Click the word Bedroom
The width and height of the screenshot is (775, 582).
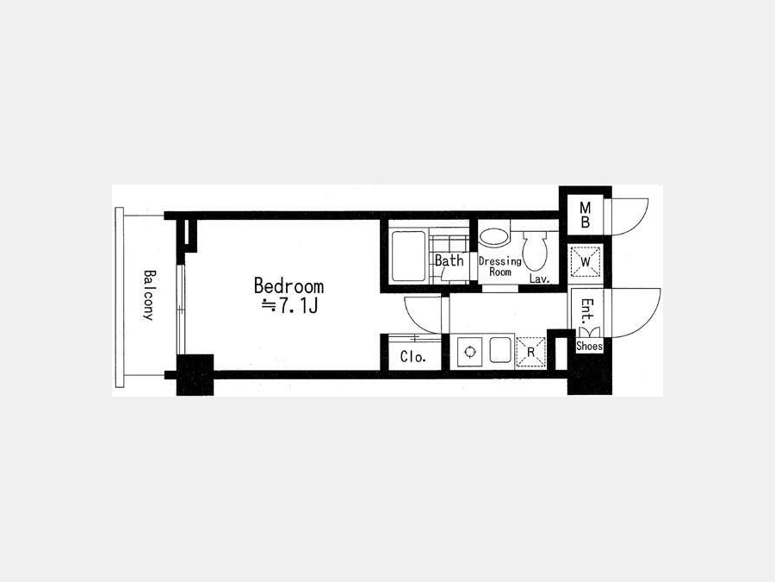coord(288,286)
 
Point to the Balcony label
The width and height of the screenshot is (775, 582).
coord(149,295)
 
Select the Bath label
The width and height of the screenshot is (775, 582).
coord(449,260)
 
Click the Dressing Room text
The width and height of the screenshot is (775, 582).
coord(500,266)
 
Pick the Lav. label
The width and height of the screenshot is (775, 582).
coord(540,279)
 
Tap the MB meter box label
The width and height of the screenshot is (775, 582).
coord(586,215)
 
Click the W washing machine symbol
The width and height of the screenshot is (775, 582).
coord(586,262)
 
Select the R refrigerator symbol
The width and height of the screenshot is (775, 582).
coord(530,353)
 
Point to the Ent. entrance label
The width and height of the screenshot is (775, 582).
coord(587,310)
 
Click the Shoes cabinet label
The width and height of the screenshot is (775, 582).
coord(589,347)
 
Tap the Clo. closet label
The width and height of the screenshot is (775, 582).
coord(412,357)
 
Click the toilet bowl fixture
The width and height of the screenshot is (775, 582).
coord(536,251)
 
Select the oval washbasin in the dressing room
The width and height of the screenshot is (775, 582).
coord(494,237)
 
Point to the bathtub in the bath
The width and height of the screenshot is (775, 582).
coord(409,256)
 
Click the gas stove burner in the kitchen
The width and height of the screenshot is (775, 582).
coord(469,353)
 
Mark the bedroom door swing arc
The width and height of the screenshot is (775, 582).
coord(413,322)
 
